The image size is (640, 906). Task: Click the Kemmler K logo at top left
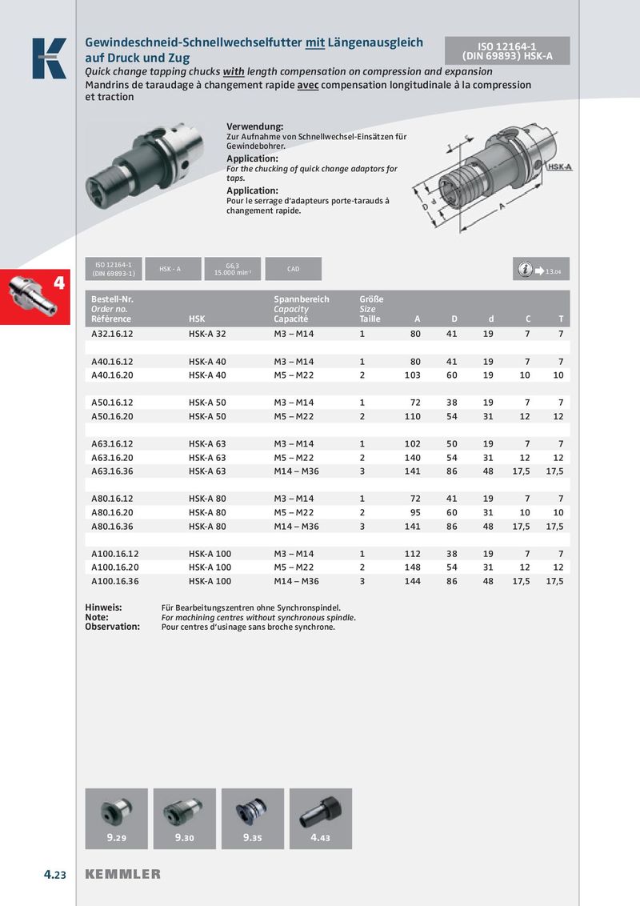point(49,58)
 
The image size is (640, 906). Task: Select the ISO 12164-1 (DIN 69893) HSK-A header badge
point(507,50)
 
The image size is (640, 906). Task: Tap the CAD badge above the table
point(293,269)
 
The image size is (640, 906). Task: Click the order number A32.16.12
point(112,333)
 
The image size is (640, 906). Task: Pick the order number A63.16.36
point(112,471)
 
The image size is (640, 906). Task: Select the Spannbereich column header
point(301,299)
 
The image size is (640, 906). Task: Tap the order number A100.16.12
point(115,554)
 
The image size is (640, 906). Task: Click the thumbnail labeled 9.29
point(116,817)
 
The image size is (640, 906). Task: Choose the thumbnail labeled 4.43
point(320,817)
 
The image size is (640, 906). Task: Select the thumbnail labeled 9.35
point(252,817)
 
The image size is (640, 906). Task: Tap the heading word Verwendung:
point(255,126)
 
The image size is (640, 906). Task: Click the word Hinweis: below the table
point(103,608)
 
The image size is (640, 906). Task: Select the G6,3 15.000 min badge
point(233,269)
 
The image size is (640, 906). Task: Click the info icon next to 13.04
point(524,270)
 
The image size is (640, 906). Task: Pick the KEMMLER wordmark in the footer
point(122,874)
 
